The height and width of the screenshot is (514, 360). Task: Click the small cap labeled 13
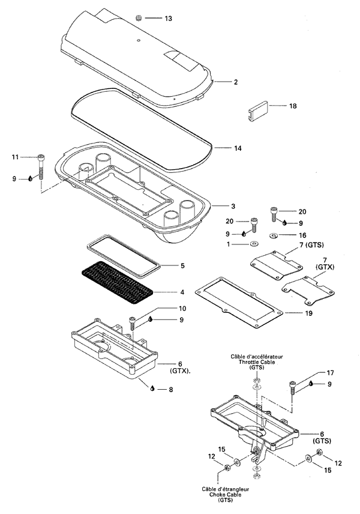click(x=139, y=17)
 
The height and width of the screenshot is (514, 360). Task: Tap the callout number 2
click(x=236, y=82)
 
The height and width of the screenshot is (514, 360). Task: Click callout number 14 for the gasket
click(x=238, y=148)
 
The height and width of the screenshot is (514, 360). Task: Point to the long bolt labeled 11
click(x=41, y=166)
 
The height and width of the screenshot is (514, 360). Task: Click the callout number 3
click(x=233, y=206)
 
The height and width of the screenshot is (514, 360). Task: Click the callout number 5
click(x=183, y=265)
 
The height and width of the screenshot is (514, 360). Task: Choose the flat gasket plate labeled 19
click(x=238, y=302)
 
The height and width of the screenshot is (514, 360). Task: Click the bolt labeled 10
click(x=133, y=324)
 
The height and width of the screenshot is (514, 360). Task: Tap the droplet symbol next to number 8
click(x=152, y=389)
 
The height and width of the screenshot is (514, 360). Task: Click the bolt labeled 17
click(x=292, y=387)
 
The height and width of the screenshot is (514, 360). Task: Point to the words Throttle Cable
click(x=256, y=362)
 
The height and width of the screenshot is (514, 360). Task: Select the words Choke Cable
click(x=225, y=494)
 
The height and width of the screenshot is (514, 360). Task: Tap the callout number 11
click(x=16, y=157)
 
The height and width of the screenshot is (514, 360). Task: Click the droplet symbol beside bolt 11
click(x=31, y=179)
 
